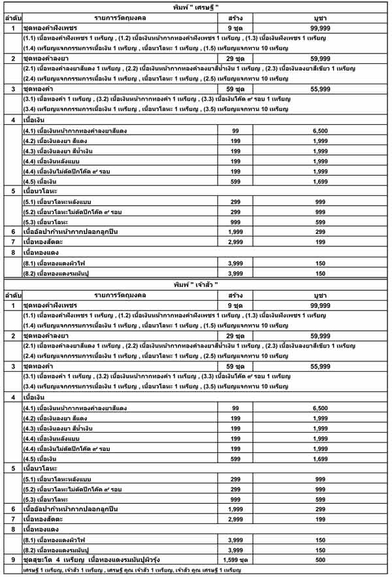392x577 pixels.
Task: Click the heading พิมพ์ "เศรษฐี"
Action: coord(196,7)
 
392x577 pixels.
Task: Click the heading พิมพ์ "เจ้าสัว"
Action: coord(196,286)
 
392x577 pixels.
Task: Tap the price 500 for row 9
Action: coord(320,560)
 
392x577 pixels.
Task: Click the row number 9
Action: coord(12,560)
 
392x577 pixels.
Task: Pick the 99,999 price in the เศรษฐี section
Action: coord(320,29)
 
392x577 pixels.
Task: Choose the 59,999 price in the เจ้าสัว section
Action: coord(320,335)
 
